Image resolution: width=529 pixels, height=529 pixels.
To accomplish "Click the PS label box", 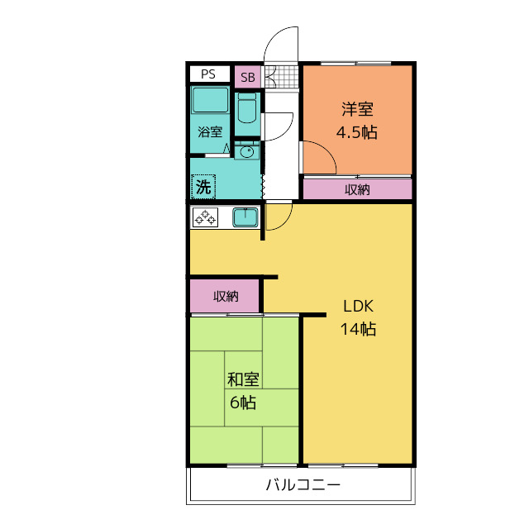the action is pyautogui.click(x=209, y=74).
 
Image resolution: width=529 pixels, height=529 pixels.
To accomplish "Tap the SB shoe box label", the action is pyautogui.click(x=248, y=77).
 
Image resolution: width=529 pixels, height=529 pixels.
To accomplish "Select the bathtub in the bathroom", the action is pyautogui.click(x=210, y=100).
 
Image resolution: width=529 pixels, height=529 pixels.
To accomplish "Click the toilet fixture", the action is pyautogui.click(x=247, y=108).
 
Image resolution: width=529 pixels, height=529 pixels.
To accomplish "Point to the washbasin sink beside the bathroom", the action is pyautogui.click(x=247, y=152).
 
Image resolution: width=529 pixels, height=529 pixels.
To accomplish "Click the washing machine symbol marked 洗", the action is pyautogui.click(x=203, y=187).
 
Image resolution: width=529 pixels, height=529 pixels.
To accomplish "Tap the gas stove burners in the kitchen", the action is pyautogui.click(x=205, y=217).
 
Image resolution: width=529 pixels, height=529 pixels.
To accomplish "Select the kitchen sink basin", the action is pyautogui.click(x=245, y=217).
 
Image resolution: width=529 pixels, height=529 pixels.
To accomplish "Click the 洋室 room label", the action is pyautogui.click(x=357, y=109).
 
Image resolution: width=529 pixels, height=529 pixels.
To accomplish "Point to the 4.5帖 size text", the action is pyautogui.click(x=356, y=132).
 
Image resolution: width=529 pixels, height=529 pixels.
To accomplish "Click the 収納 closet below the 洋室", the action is pyautogui.click(x=358, y=189).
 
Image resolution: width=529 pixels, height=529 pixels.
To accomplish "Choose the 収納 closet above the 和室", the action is pyautogui.click(x=225, y=296).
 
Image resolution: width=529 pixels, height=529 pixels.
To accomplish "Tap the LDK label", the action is pyautogui.click(x=358, y=307).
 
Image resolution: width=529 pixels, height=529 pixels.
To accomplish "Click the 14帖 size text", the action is pyautogui.click(x=358, y=329).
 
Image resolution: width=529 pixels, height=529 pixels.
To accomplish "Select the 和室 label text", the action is pyautogui.click(x=243, y=379).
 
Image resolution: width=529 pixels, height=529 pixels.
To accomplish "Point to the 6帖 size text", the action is pyautogui.click(x=243, y=403).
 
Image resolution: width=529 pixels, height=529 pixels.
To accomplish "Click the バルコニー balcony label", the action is pyautogui.click(x=303, y=485).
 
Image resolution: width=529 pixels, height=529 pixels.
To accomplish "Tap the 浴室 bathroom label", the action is pyautogui.click(x=210, y=131).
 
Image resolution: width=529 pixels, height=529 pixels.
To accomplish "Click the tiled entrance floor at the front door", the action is pyautogui.click(x=282, y=77).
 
